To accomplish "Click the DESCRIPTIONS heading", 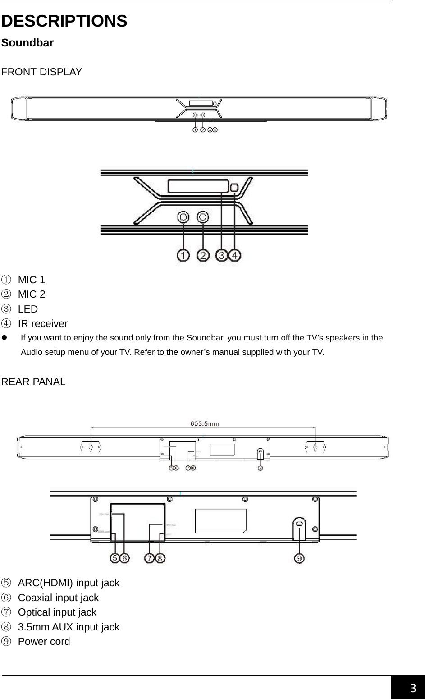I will click(x=64, y=21).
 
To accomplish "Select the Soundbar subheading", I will click(x=27, y=43).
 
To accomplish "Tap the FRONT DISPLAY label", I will click(x=41, y=72).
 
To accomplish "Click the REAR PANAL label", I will click(x=33, y=382).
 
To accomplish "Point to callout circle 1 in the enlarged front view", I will click(x=183, y=256).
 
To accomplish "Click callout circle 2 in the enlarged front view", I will click(x=203, y=256).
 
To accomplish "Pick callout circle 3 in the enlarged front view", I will click(x=222, y=256).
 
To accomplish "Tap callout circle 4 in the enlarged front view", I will click(x=235, y=256).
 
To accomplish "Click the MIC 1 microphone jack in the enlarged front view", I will click(x=183, y=217).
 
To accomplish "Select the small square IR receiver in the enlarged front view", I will click(x=234, y=187).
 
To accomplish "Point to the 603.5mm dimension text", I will click(x=205, y=423).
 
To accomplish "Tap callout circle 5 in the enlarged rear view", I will click(x=115, y=558).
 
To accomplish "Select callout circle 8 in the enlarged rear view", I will click(x=160, y=558).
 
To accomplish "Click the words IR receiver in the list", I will click(x=43, y=324).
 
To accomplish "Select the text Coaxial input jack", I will click(x=58, y=598).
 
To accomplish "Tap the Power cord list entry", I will click(x=44, y=642).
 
